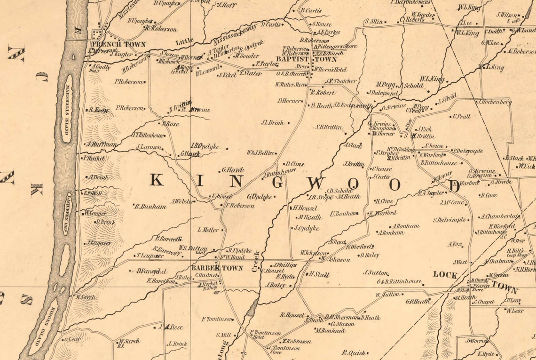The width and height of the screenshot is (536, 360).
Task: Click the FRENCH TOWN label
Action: click(122, 44)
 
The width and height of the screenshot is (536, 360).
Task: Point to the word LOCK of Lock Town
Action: click(445, 274)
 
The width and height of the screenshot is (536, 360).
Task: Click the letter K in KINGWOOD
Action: click(157, 180)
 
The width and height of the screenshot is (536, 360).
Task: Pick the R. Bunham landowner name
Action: click(150, 206)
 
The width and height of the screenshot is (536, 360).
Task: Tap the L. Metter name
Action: click(208, 230)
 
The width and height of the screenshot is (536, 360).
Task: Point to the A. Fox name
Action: click(456, 244)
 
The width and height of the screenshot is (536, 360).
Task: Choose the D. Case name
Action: click(489, 195)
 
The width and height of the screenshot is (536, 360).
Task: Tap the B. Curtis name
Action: click(311, 10)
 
